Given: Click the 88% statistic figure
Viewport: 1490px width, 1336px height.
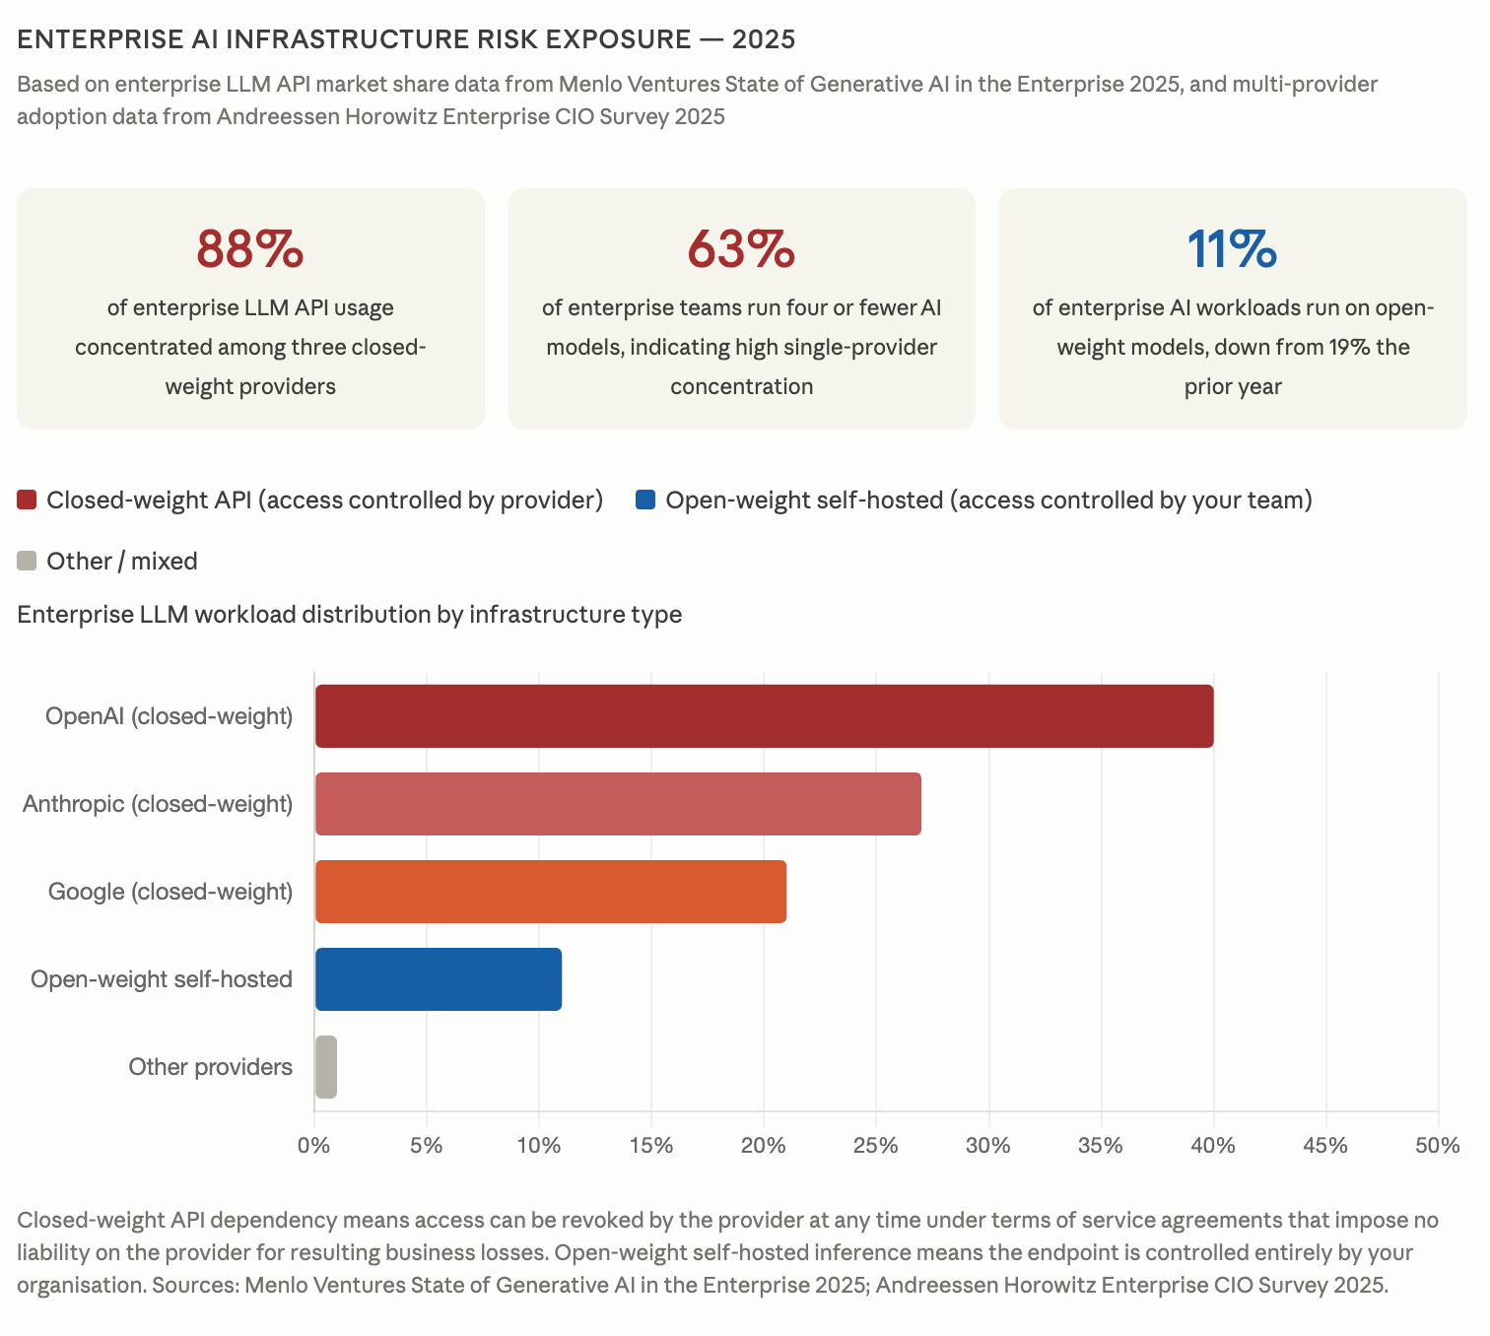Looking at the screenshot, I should coord(250,249).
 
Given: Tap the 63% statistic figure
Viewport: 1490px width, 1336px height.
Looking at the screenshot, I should coord(741,249).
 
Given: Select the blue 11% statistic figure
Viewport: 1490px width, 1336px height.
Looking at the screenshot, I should coord(1232,249).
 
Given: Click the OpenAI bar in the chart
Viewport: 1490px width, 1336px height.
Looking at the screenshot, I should coord(764,716).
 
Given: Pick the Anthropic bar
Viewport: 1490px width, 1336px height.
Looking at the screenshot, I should coord(618,804).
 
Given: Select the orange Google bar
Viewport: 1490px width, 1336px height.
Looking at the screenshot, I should coord(550,892).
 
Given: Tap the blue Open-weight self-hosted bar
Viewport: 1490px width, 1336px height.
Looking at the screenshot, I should coord(439,979).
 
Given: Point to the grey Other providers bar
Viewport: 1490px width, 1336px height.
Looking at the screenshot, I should coord(326,1067).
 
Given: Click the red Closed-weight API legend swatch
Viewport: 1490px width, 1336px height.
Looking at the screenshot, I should coord(28,501).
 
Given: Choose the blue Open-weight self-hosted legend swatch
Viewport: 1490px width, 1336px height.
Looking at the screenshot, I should coord(646,501).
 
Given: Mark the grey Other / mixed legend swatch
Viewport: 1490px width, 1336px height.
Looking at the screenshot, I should coord(28,562).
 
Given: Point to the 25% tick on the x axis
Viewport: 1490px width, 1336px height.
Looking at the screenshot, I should coord(875,1146).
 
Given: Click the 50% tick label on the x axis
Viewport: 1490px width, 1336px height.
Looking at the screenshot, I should coord(1437,1146).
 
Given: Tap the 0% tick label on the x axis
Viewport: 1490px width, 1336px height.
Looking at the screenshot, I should coord(314,1146).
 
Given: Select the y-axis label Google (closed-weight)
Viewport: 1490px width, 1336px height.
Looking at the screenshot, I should coord(170,892).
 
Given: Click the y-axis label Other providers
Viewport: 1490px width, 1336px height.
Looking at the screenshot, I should coord(210,1067).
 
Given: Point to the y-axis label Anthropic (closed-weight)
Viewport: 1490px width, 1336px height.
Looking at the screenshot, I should coord(158,804).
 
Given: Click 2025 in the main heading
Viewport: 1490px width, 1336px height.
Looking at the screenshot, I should coord(764,39).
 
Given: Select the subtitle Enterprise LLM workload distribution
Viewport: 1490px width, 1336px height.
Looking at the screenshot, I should coord(349,615).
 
